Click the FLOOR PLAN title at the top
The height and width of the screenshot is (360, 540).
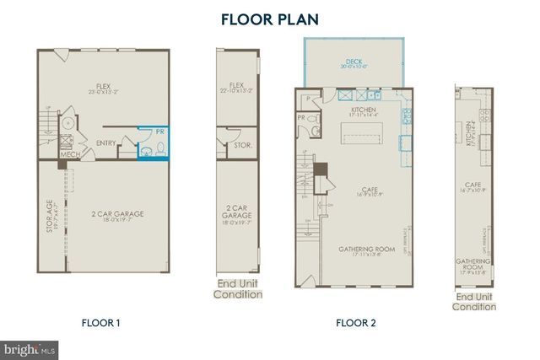point(270,18)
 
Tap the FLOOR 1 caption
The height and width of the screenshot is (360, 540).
point(102,322)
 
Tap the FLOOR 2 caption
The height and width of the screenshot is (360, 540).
point(355,322)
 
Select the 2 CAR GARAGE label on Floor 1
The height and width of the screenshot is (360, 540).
point(118,214)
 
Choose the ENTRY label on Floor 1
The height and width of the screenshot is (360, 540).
point(106,142)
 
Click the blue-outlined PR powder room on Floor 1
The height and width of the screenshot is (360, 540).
point(153,143)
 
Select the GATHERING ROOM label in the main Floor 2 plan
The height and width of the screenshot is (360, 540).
point(366,249)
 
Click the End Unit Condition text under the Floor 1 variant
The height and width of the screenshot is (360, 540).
point(237,289)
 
